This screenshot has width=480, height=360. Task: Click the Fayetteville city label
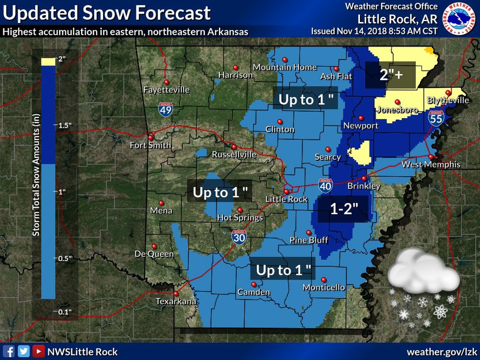167,90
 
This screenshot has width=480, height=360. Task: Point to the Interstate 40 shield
324,186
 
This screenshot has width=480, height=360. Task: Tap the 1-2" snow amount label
344,208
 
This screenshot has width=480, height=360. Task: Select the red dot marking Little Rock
287,192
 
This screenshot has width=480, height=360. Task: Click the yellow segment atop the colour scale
48,61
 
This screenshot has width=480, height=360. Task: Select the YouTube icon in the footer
38,351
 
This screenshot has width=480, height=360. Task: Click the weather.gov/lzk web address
441,351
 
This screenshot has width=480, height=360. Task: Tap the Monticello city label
324,288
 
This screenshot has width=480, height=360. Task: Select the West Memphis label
431,165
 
